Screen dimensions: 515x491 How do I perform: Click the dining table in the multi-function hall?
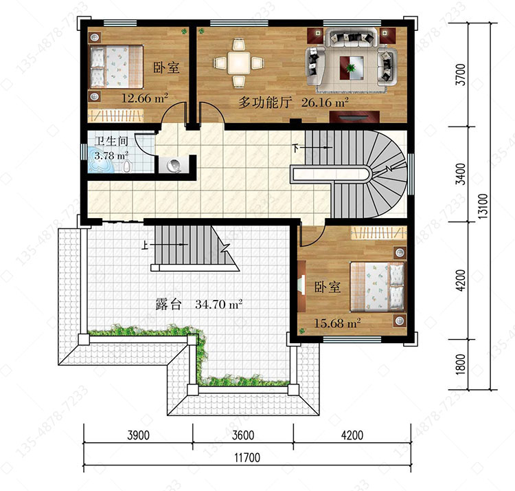[239, 63]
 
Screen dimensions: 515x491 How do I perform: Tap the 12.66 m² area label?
[145, 98]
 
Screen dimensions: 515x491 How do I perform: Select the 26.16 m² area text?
[325, 102]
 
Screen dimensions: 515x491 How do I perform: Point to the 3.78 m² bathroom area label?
[111, 155]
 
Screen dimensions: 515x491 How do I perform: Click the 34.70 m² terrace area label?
[219, 304]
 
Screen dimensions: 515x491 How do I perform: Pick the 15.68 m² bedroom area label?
[337, 323]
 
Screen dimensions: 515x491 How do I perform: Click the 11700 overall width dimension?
[247, 457]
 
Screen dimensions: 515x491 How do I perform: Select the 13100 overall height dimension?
[483, 206]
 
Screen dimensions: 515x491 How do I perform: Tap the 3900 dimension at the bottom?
[138, 435]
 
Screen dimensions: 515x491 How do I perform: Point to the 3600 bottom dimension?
[243, 435]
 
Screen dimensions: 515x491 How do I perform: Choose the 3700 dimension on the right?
[461, 75]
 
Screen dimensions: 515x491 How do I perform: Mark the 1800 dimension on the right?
[461, 364]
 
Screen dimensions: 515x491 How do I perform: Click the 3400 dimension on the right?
[461, 174]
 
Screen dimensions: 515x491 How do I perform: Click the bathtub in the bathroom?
[100, 166]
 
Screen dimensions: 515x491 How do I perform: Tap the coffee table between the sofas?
[352, 68]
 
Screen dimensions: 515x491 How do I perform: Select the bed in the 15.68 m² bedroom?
[378, 287]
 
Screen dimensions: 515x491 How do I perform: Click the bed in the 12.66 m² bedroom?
[117, 67]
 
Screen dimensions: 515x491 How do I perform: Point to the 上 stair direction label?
[144, 245]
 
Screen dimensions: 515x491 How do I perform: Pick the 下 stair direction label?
[295, 148]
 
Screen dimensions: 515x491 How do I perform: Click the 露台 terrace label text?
[168, 305]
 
